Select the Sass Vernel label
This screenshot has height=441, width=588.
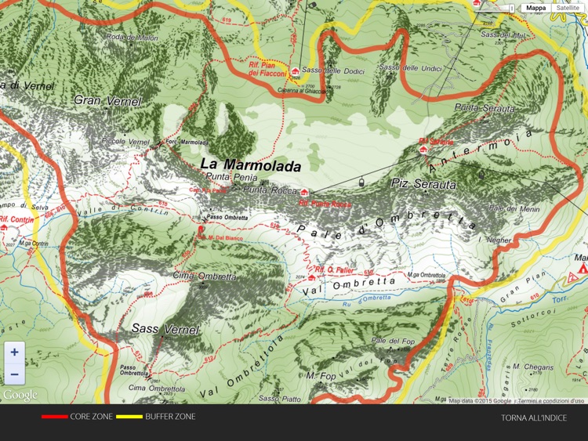click(162, 328)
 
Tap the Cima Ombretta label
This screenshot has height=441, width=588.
click(204, 277)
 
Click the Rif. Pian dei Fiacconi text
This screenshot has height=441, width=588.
click(265, 68)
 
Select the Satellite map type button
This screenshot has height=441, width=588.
click(568, 8)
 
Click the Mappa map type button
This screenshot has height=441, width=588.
click(536, 8)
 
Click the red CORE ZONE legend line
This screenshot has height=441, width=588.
click(54, 417)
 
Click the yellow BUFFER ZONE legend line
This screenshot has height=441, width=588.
click(129, 417)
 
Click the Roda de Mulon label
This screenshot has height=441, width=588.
click(132, 38)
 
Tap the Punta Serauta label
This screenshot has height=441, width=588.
click(485, 107)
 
